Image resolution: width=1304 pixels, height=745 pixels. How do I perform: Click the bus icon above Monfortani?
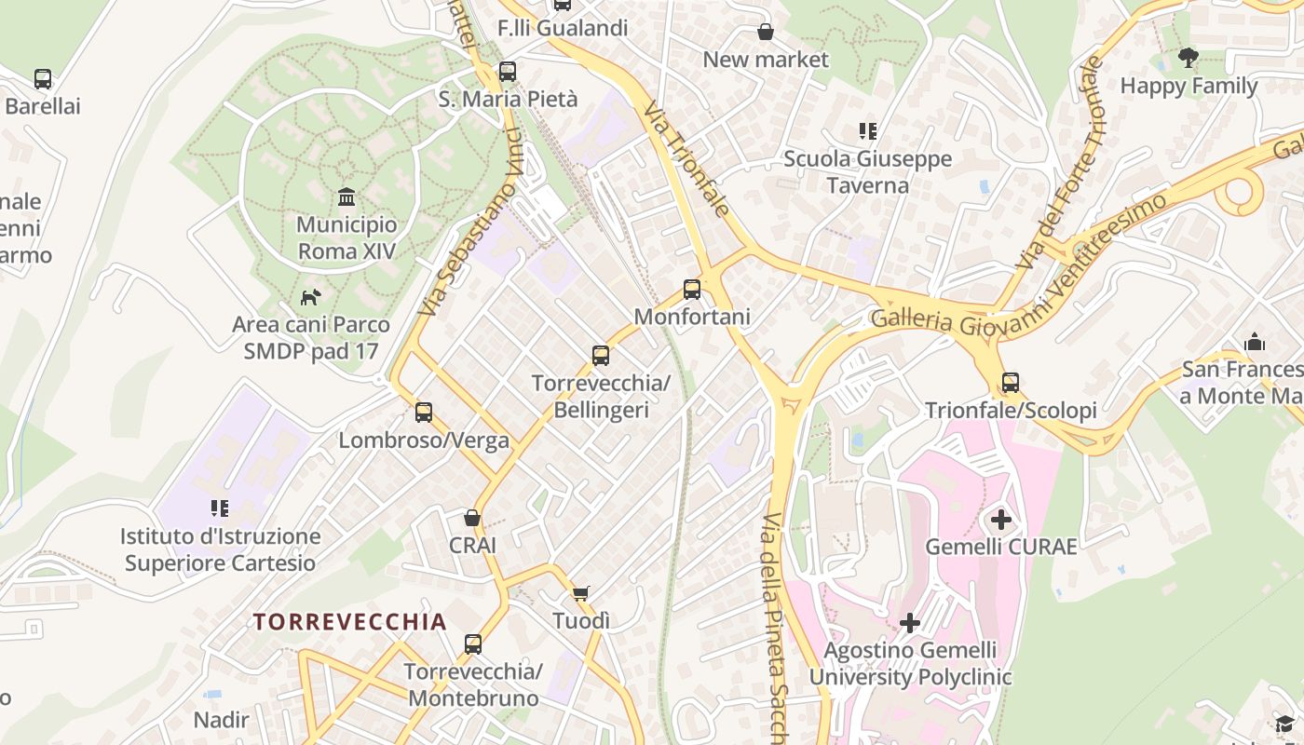(x=692, y=290)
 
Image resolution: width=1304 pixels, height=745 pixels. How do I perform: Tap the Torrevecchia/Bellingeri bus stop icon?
(x=601, y=355)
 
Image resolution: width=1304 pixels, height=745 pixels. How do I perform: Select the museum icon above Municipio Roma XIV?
(x=347, y=196)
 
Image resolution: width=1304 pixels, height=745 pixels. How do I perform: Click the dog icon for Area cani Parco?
(x=310, y=297)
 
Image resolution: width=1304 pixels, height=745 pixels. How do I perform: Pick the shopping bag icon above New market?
(x=766, y=32)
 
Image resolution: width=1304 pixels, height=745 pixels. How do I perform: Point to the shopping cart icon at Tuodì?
(x=581, y=593)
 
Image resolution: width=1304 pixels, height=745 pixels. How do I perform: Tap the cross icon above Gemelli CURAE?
(x=1001, y=519)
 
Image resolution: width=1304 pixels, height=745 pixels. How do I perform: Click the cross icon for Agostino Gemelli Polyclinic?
(x=910, y=622)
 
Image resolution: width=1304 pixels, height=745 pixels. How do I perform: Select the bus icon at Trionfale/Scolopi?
(x=1011, y=382)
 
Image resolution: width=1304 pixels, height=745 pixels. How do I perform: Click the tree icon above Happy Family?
(x=1189, y=58)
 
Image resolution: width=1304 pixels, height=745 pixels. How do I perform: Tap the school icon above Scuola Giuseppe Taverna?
(x=868, y=131)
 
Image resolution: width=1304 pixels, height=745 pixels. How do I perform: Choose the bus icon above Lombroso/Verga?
(x=424, y=412)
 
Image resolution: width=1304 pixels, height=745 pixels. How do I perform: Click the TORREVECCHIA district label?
(x=350, y=622)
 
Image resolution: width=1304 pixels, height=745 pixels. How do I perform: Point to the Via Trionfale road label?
(x=686, y=159)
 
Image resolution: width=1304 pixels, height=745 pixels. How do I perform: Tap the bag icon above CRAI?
(x=472, y=518)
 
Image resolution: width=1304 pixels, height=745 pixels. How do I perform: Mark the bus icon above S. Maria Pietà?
(x=508, y=71)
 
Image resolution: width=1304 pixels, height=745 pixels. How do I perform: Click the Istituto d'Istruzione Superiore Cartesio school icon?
(x=220, y=508)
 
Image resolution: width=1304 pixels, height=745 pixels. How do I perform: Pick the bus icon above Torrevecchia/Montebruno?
(x=473, y=643)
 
